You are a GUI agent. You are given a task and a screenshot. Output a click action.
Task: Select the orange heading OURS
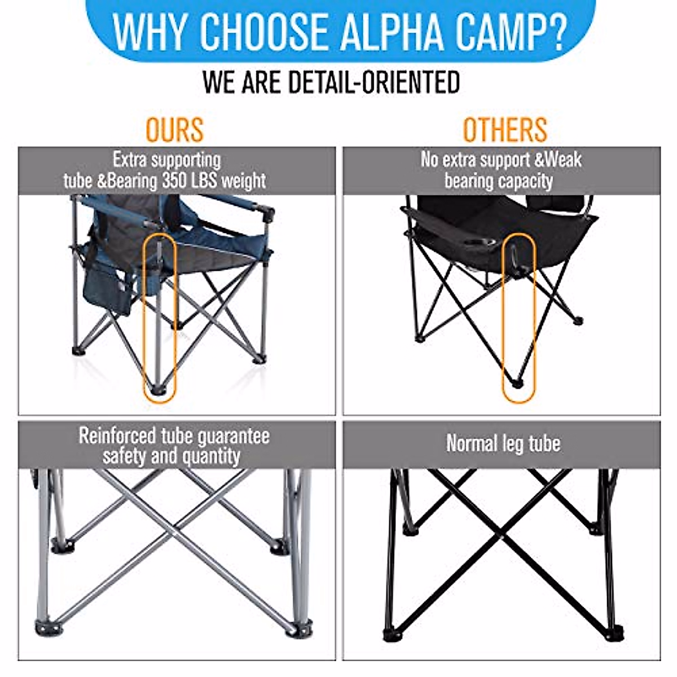pyautogui.click(x=174, y=130)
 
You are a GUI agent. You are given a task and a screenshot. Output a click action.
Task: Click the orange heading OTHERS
pyautogui.click(x=505, y=130)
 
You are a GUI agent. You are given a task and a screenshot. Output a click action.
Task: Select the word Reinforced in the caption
pyautogui.click(x=117, y=436)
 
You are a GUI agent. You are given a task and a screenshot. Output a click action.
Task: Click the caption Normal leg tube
pyautogui.click(x=503, y=443)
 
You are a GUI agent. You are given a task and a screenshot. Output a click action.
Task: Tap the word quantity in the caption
pyautogui.click(x=212, y=456)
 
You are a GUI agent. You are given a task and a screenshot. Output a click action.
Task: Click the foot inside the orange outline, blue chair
pyautogui.click(x=157, y=389)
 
